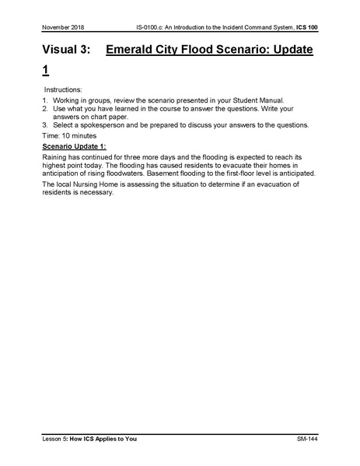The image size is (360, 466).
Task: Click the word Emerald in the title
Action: (135, 51)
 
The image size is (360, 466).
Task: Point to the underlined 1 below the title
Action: (46, 72)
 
